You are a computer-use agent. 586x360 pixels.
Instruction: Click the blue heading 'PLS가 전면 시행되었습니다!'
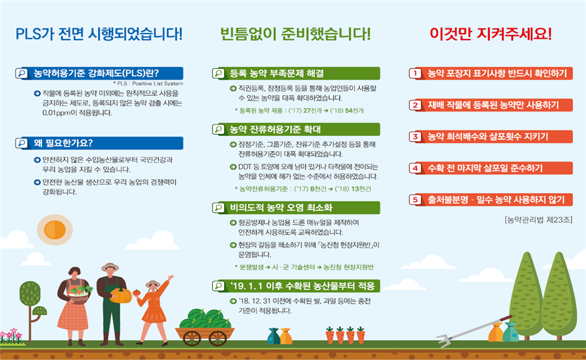click(x=99, y=34)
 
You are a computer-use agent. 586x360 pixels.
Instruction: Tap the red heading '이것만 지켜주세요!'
click(x=491, y=34)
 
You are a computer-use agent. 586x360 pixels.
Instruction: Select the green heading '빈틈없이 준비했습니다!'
click(x=296, y=34)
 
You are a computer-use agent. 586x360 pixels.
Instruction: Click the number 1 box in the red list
click(x=415, y=74)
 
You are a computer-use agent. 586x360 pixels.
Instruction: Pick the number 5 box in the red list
click(x=415, y=200)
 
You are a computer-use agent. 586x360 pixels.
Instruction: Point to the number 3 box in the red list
click(x=415, y=137)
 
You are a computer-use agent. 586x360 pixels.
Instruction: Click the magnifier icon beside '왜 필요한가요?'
click(x=22, y=143)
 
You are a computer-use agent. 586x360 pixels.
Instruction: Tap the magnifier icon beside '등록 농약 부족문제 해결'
click(x=218, y=74)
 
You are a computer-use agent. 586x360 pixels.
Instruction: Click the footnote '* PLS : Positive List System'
click(x=148, y=83)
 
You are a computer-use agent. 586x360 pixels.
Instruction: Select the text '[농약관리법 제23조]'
click(x=538, y=220)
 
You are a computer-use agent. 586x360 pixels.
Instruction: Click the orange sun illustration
click(x=55, y=229)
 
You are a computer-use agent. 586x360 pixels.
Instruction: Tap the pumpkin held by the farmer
click(x=120, y=296)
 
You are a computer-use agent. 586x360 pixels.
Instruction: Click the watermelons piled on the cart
click(x=205, y=320)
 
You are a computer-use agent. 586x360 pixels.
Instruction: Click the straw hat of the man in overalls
click(x=110, y=267)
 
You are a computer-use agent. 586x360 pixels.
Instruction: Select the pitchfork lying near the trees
click(x=474, y=332)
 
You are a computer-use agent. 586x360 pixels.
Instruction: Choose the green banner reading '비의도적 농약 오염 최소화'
click(x=296, y=208)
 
